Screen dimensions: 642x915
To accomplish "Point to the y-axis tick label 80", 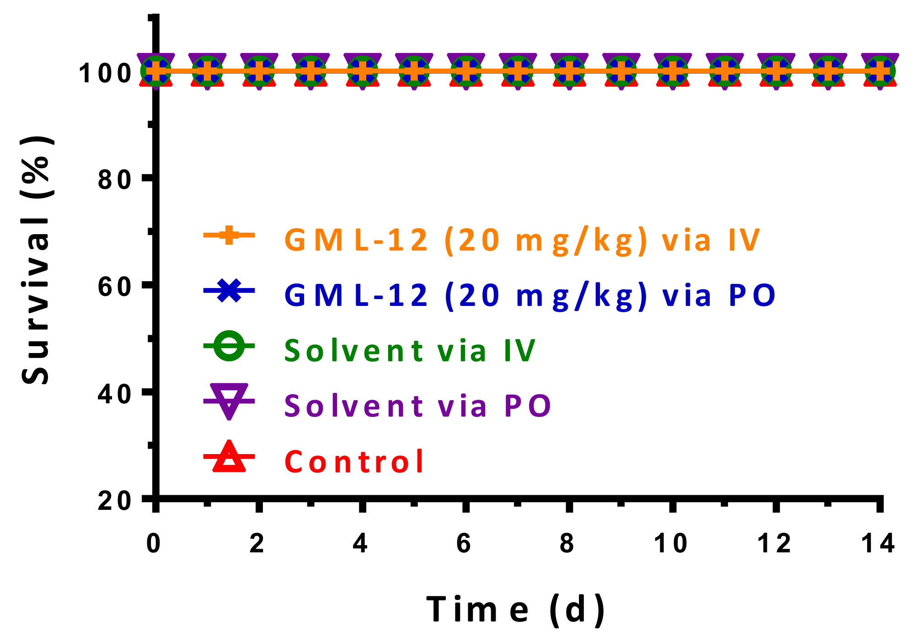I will tap(115, 180).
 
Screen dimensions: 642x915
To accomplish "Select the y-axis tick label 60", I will tap(115, 287).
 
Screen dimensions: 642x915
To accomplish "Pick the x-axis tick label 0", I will tap(154, 544).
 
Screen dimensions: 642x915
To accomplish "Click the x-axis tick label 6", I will tap(464, 544).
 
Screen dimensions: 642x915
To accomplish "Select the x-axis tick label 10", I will tap(670, 544).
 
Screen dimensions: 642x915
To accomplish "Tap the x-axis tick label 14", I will tap(878, 544).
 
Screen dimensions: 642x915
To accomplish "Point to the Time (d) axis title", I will tap(516, 610).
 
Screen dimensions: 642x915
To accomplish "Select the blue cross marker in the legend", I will tap(229, 291).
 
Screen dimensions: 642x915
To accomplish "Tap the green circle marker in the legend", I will tap(229, 346).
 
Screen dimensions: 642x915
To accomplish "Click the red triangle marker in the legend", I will tap(229, 457).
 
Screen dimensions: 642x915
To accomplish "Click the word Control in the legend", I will tap(354, 461).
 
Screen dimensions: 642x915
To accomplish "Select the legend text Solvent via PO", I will tap(417, 406).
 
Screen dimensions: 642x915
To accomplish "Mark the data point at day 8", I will tap(569, 71).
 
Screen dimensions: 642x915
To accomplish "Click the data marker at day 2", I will tap(259, 71).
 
